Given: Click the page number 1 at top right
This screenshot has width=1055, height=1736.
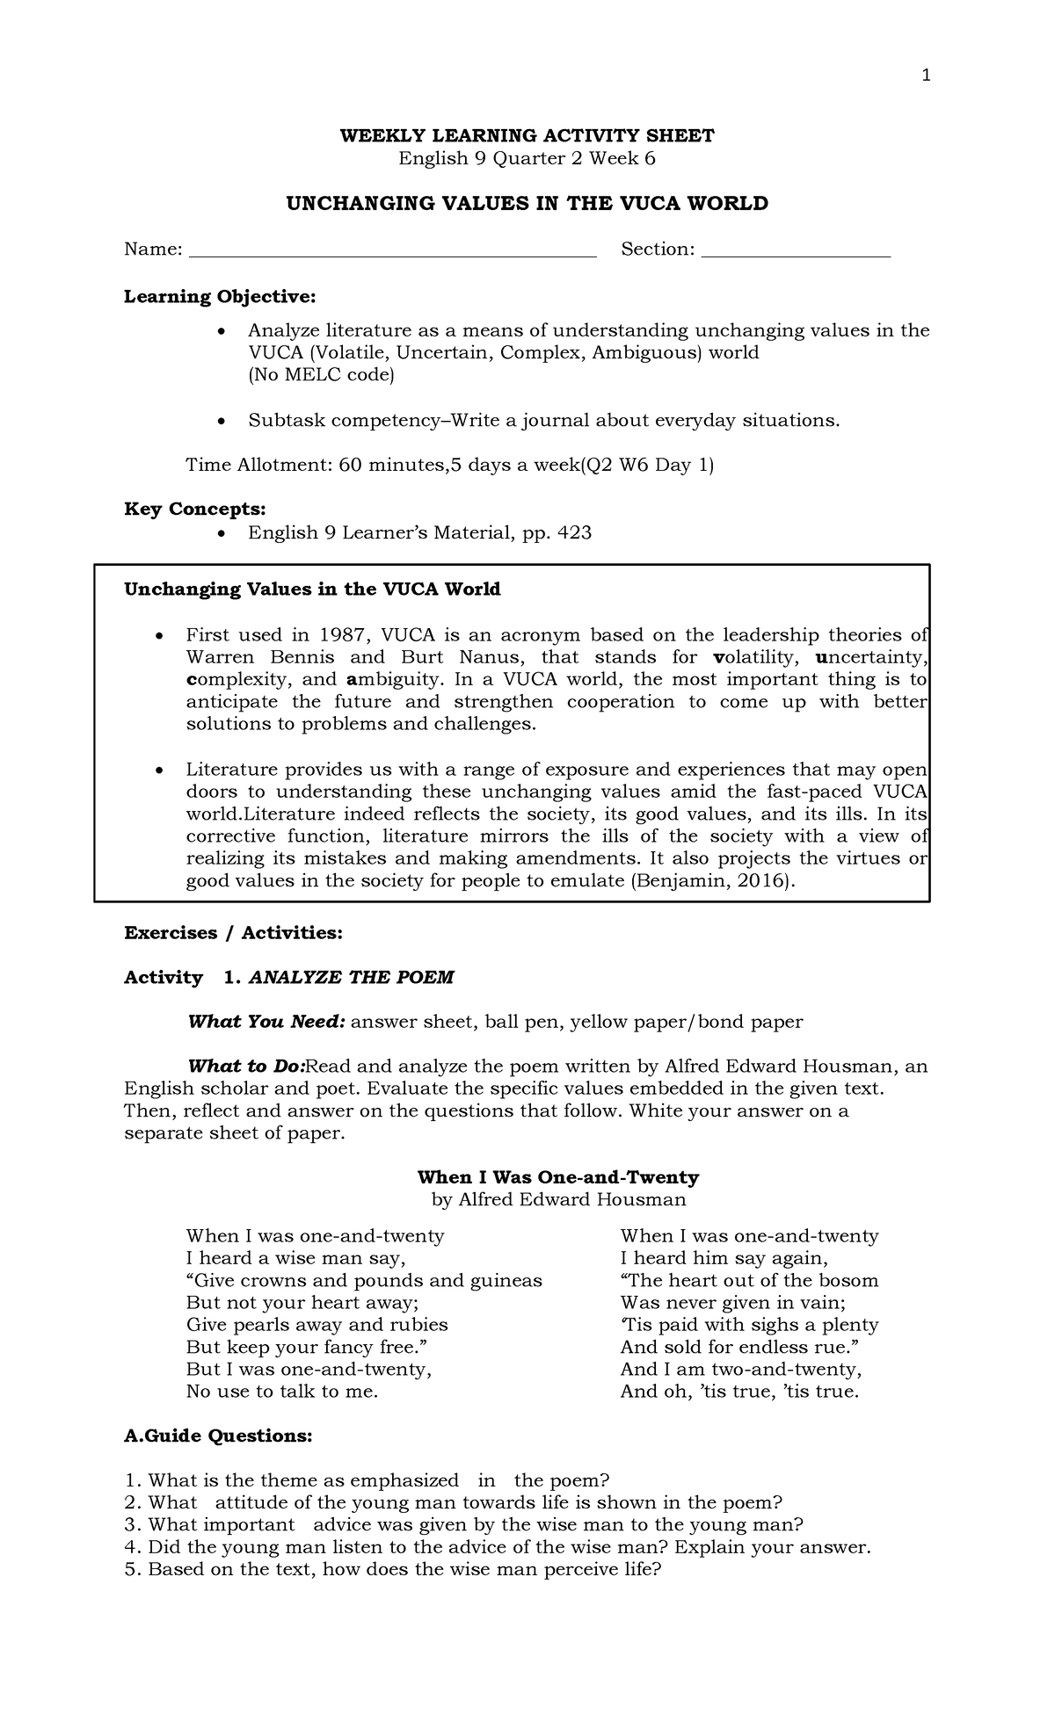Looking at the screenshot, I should [x=925, y=76].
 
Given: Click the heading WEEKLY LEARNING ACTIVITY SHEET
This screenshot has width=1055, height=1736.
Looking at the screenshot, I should [x=527, y=135].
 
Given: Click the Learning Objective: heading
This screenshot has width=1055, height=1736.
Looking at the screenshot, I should [x=219, y=297].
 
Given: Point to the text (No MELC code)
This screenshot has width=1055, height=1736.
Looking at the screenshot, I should [x=322, y=375].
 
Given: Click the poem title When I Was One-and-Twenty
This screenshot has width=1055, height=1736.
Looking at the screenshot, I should [x=557, y=1177].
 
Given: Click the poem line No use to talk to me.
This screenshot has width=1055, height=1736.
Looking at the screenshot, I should [x=281, y=1392].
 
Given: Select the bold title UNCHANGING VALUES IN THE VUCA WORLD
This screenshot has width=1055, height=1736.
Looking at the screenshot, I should [x=527, y=204].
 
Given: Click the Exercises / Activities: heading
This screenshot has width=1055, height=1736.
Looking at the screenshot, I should [x=232, y=933].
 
